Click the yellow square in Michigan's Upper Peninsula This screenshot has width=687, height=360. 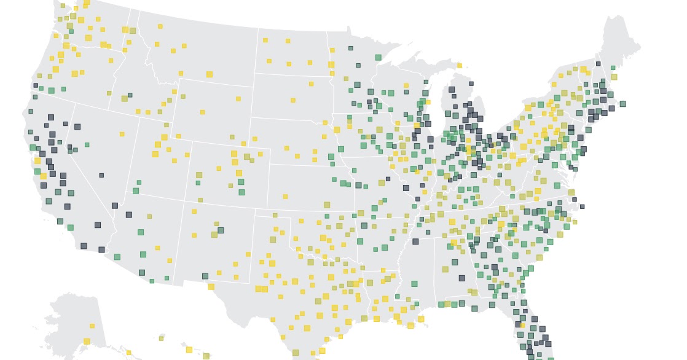[459, 65]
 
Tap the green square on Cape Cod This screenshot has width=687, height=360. [622, 104]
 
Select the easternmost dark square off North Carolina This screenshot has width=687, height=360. [582, 206]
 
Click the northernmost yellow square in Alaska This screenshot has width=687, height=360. [92, 326]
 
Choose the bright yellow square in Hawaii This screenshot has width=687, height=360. [189, 350]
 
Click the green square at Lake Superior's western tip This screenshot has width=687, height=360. [378, 57]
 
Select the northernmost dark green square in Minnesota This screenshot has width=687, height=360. [350, 48]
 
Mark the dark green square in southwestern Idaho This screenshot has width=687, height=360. [130, 95]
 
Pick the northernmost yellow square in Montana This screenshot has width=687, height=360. [160, 26]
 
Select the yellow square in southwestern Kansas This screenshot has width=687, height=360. [285, 197]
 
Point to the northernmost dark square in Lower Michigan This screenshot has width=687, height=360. [471, 84]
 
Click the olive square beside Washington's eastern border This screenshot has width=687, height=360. [132, 31]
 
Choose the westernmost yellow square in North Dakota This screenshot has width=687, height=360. [265, 41]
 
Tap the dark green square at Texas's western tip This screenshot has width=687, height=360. [205, 276]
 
